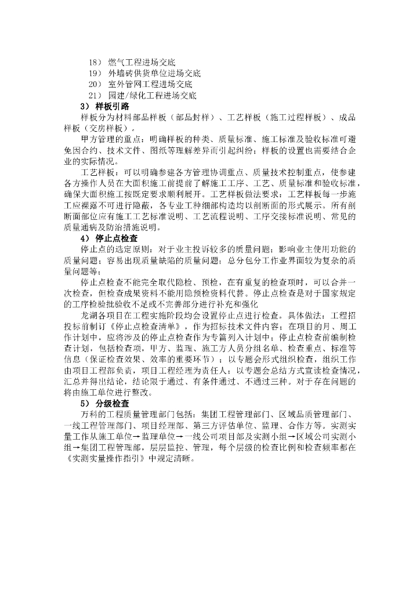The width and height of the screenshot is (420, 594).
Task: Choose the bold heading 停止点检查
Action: tap(117, 238)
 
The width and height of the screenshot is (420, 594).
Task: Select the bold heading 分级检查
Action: tap(113, 403)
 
